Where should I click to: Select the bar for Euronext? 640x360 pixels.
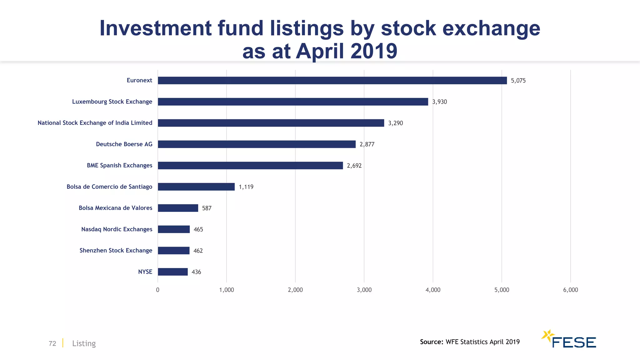[x=332, y=80]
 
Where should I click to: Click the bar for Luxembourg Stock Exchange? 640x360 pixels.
[x=293, y=102]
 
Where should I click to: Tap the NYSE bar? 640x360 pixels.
[x=172, y=272]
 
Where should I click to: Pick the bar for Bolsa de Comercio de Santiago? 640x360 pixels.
[x=196, y=187]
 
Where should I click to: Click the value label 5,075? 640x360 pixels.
[x=518, y=81]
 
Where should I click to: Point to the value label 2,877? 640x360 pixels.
[x=367, y=144]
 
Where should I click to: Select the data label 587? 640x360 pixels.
[x=207, y=208]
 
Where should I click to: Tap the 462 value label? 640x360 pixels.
[x=198, y=251]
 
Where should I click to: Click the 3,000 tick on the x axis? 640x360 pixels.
[x=364, y=290]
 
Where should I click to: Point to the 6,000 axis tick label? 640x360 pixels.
[x=570, y=290]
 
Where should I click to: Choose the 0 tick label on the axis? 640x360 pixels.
[x=157, y=290]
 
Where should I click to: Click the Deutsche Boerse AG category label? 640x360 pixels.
[x=124, y=144]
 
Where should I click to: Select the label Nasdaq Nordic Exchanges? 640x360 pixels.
[x=117, y=229]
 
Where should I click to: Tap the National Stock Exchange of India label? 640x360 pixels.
[x=95, y=123]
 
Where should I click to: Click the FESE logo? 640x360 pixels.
[x=569, y=339]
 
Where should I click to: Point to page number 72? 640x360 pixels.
[x=52, y=343]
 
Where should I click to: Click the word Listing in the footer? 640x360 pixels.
[x=84, y=343]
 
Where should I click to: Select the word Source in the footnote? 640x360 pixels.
[x=431, y=342]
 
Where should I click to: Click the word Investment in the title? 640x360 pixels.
[x=155, y=28]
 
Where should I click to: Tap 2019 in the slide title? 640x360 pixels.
[x=374, y=51]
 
